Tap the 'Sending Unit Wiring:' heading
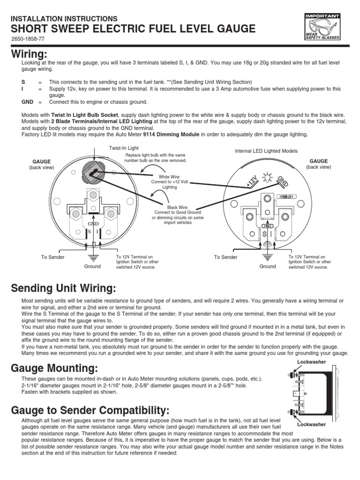[63, 287]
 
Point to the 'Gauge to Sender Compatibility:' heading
[90, 411]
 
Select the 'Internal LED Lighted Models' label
[266, 151]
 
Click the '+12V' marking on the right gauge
[253, 182]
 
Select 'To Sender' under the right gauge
[226, 257]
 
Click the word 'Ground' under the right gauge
[268, 266]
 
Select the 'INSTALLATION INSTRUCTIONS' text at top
[64, 18]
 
